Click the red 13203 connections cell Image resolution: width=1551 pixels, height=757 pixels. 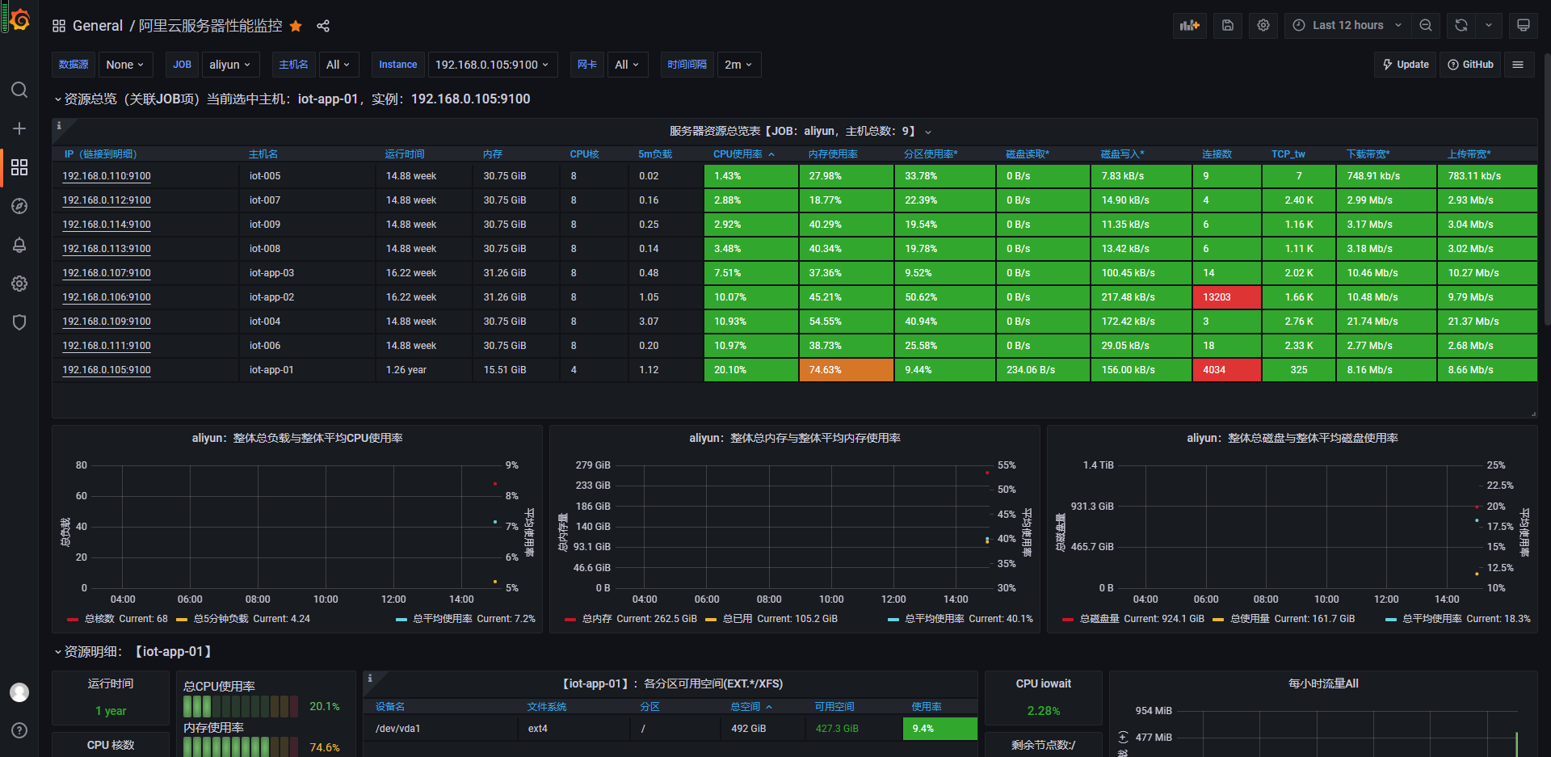tap(1226, 297)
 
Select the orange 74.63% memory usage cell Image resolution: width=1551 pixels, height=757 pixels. tap(847, 370)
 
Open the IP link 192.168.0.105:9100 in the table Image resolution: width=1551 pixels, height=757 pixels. tap(107, 370)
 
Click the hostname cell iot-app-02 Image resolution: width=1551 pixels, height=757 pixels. tap(271, 297)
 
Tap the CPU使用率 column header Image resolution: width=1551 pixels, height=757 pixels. tap(738, 154)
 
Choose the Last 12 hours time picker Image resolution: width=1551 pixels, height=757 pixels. tap(1347, 25)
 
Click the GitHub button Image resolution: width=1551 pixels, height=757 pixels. tap(1470, 65)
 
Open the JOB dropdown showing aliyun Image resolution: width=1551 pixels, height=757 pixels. tap(229, 65)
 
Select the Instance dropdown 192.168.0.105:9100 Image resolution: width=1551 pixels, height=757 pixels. tap(492, 65)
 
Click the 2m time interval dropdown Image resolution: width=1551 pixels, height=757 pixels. tap(738, 65)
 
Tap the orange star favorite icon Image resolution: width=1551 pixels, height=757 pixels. tap(296, 26)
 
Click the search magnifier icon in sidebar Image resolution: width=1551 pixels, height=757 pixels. tap(19, 90)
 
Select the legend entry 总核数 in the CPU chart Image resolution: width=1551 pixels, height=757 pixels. tap(99, 619)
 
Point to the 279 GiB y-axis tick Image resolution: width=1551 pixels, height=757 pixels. tap(593, 465)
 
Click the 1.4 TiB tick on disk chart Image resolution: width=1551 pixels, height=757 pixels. tap(1098, 465)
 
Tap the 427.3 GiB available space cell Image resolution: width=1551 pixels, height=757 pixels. tap(837, 729)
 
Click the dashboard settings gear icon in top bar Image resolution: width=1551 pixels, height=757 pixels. tap(1263, 25)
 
